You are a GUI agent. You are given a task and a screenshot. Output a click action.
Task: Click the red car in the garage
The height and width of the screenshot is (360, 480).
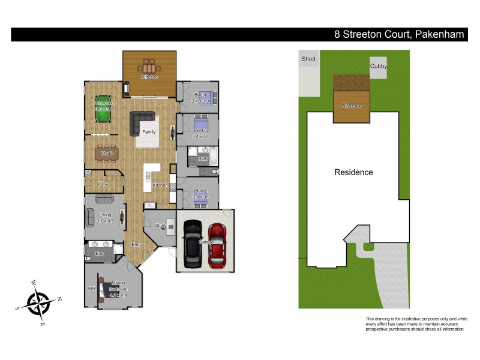pyautogui.click(x=217, y=245)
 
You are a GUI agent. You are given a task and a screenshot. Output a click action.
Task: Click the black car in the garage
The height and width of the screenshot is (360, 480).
pyautogui.click(x=192, y=244)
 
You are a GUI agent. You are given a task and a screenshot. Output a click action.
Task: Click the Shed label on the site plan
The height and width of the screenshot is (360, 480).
pyautogui.click(x=308, y=59)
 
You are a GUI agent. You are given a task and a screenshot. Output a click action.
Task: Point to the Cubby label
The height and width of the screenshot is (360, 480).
pyautogui.click(x=378, y=67)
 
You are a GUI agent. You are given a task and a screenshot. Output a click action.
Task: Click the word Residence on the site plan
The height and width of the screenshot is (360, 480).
pyautogui.click(x=353, y=172)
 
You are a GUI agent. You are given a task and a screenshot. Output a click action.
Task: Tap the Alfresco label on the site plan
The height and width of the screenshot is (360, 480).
pyautogui.click(x=352, y=106)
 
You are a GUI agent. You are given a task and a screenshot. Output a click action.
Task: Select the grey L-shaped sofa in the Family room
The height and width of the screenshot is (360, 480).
pyautogui.click(x=142, y=123)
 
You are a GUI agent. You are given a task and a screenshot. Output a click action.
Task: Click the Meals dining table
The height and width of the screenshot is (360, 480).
pyautogui.click(x=107, y=154)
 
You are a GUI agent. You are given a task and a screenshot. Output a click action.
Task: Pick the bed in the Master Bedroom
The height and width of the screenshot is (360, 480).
pyautogui.click(x=114, y=290)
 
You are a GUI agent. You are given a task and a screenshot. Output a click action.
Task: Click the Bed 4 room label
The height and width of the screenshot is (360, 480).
pyautogui.click(x=200, y=95)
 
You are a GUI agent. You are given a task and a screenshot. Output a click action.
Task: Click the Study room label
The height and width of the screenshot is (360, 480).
pyautogui.click(x=160, y=226)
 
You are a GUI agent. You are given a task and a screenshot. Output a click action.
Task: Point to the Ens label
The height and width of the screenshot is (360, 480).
pyautogui.click(x=100, y=254)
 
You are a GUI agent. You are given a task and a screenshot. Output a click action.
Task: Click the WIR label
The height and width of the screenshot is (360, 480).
pyautogui.click(x=91, y=289)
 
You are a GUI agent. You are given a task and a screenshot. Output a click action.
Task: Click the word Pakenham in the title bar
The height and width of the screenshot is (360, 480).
pyautogui.click(x=439, y=35)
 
